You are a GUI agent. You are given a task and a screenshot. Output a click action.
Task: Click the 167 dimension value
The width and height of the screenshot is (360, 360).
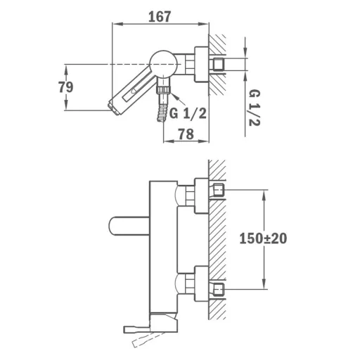point(160,16)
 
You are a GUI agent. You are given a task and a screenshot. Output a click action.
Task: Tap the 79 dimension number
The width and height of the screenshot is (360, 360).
point(66,87)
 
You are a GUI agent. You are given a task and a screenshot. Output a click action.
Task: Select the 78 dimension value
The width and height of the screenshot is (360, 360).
point(186,134)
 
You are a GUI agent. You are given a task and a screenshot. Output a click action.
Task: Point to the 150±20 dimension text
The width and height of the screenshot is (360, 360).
point(263,238)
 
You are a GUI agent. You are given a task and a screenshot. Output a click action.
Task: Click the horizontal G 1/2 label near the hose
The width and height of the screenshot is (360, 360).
point(188,113)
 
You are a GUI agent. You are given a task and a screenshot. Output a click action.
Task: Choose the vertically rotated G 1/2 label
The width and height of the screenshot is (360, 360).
point(255,108)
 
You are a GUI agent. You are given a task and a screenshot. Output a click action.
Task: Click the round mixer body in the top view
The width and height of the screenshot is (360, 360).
point(163,64)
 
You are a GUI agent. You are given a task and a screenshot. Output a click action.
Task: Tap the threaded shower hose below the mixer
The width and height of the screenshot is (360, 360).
point(162,113)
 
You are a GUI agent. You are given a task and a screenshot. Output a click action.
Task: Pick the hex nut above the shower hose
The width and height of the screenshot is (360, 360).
point(164,90)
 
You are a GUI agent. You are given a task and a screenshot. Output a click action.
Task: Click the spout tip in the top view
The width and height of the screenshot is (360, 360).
point(114,108)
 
